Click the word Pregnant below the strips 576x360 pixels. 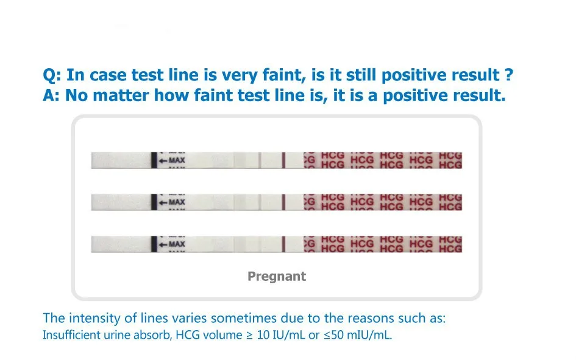pos(276,277)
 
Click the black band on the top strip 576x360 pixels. pos(154,160)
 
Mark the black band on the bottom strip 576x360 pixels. pos(154,244)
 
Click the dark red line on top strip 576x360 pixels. pos(283,160)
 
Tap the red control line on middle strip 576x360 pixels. pos(283,202)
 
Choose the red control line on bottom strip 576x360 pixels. pos(283,244)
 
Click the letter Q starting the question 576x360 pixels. pos(49,76)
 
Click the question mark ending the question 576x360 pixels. pos(507,76)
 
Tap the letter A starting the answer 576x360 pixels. pos(49,96)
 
